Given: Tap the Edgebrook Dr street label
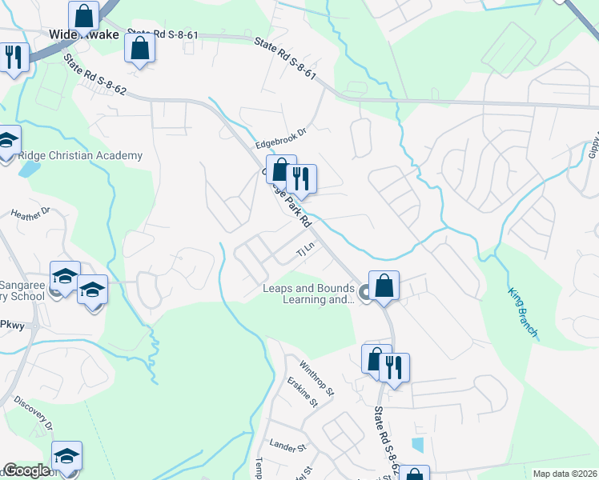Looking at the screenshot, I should coord(281,138).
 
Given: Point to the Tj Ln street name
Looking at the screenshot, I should coord(305,251).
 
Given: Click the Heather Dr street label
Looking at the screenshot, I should coord(30,213).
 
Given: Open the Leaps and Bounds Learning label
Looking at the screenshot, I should coord(309,294).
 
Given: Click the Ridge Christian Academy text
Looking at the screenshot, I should coord(79,156).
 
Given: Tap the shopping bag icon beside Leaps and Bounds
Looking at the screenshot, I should coord(384,286).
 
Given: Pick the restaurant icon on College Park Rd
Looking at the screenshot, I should coord(301,178).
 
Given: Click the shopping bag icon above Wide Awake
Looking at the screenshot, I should coord(83,15).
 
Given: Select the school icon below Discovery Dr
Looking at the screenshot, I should coord(66,456).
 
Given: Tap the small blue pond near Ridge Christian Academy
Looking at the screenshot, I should coord(30,170).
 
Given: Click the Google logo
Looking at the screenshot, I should coord(27,470).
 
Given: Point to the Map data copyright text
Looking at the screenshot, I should coord(565,474).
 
